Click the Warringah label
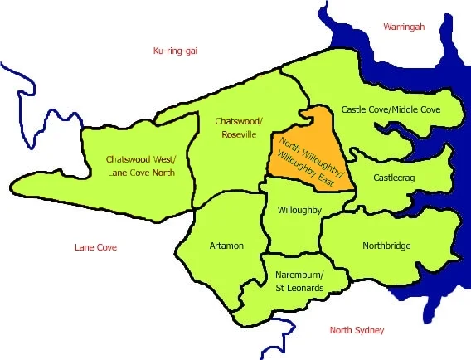click(404, 27)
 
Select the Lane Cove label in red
click(95, 247)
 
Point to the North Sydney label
click(357, 330)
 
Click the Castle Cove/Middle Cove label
click(391, 109)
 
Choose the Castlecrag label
click(396, 178)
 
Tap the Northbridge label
click(387, 246)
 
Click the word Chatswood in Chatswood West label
click(127, 158)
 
